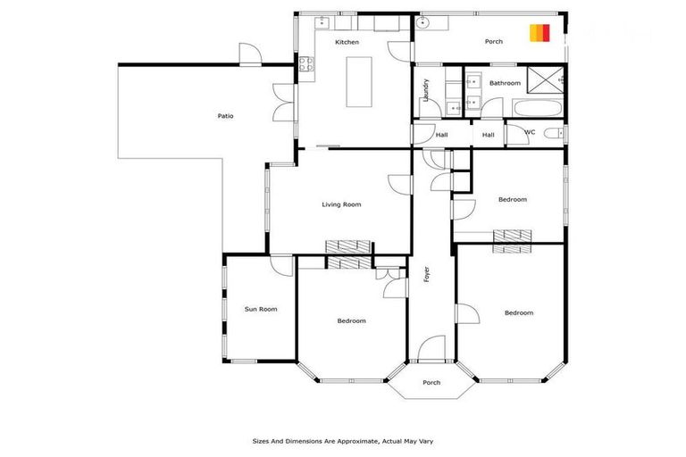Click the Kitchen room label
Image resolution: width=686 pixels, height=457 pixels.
(347, 43)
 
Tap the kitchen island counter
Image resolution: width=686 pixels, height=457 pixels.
(359, 82)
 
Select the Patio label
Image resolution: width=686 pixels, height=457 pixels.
(226, 116)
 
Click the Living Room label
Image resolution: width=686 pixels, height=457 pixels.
(341, 204)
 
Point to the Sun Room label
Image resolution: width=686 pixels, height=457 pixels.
(261, 309)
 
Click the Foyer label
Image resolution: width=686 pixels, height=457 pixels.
(427, 274)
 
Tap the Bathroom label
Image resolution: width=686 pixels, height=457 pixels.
(505, 83)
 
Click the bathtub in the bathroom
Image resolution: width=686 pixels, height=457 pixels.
(537, 108)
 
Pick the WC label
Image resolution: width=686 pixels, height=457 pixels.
(530, 133)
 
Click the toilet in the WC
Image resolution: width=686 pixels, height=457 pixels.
(554, 134)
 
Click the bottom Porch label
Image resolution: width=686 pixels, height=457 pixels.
(431, 383)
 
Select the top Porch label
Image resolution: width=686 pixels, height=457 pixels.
(493, 42)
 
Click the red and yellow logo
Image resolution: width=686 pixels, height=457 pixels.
(539, 32)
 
